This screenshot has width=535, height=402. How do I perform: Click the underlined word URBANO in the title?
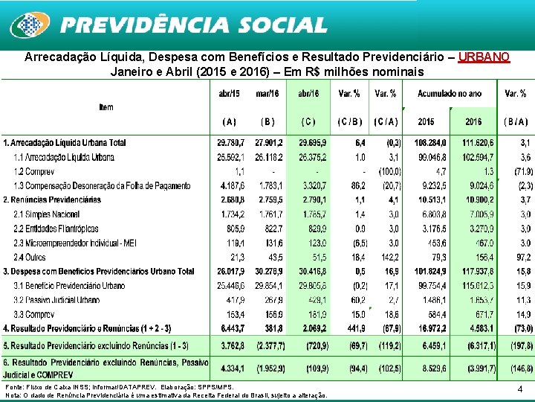(484, 57)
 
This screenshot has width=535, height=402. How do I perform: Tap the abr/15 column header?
(229, 94)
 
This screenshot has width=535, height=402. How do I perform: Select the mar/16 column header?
(267, 94)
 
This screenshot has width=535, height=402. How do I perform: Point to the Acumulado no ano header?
(449, 94)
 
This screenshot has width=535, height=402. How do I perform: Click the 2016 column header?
(473, 121)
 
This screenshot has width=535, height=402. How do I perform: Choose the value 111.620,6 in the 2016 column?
(473, 143)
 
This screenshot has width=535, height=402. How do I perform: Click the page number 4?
(520, 389)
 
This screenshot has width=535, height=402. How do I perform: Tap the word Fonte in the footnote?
(14, 388)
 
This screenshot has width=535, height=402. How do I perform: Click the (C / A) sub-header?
(386, 121)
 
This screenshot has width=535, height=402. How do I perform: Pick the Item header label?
(106, 108)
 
